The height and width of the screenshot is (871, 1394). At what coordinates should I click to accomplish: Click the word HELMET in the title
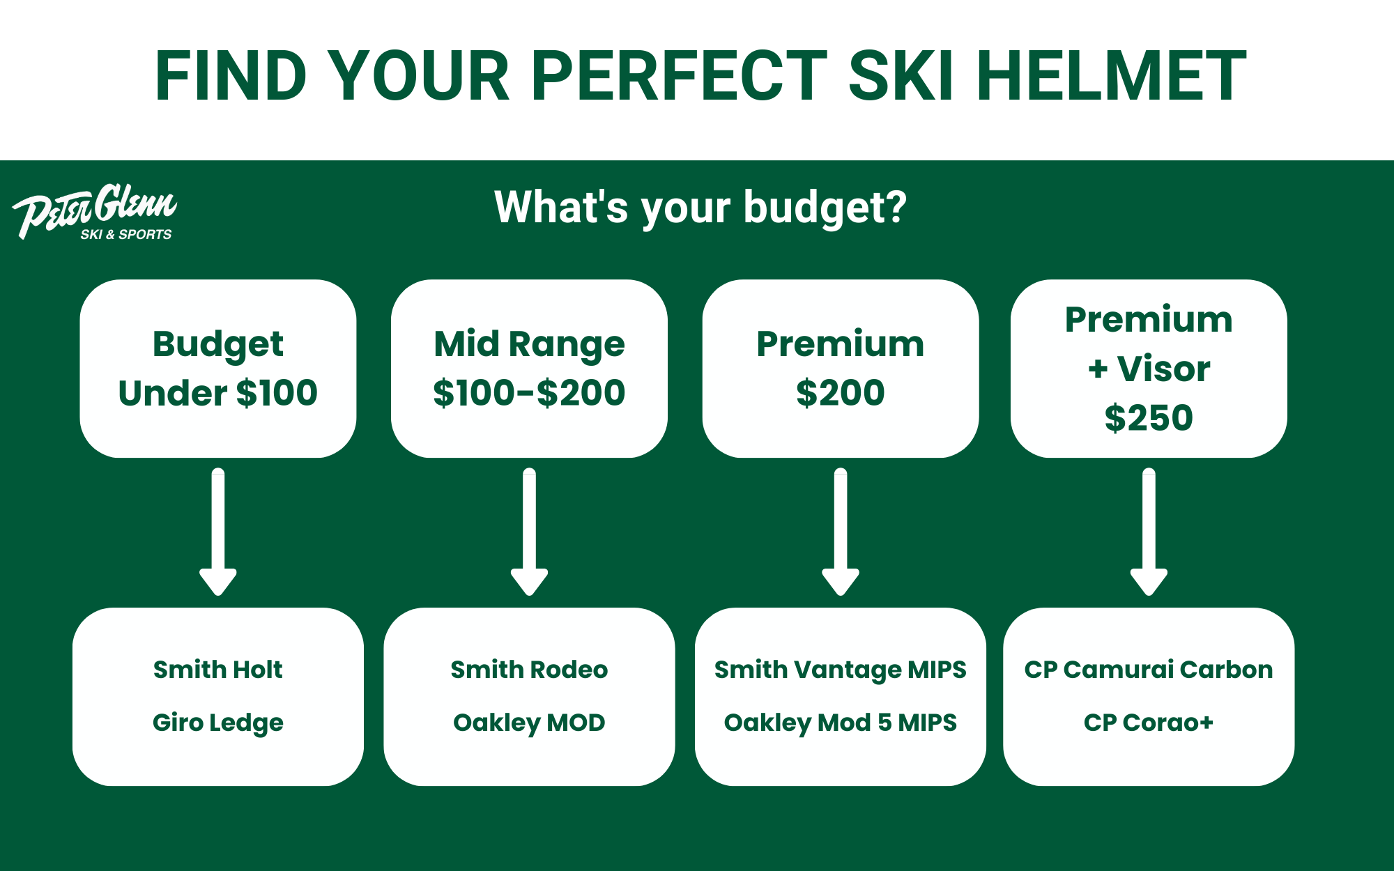(x=1111, y=76)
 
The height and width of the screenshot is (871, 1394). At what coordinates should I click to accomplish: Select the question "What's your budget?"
(x=700, y=207)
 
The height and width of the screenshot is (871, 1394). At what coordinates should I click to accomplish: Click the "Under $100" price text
(x=218, y=393)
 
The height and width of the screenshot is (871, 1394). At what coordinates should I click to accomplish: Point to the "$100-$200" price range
(x=529, y=393)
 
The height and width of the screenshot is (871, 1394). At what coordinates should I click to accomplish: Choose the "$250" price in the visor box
(x=1149, y=418)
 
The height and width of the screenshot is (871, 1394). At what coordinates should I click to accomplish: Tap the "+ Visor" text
(x=1149, y=369)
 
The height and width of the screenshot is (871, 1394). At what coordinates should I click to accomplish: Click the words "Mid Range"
(x=529, y=344)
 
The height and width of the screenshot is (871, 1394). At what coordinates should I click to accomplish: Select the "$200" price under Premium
(x=841, y=393)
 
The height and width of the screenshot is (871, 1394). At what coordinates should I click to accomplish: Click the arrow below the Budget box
(x=218, y=532)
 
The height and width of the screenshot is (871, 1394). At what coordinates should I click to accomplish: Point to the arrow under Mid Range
(x=529, y=532)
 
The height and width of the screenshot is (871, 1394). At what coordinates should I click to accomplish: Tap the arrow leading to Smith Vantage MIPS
(x=841, y=532)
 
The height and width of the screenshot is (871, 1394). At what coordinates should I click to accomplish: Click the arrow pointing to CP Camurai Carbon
(x=1149, y=532)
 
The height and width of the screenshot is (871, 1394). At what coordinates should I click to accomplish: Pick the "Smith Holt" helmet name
(x=218, y=670)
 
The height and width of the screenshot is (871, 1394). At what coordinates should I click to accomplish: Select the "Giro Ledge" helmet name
(x=218, y=723)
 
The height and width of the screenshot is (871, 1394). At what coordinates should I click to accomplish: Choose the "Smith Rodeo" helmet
(x=529, y=670)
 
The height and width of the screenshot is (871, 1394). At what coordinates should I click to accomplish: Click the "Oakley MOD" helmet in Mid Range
(x=529, y=723)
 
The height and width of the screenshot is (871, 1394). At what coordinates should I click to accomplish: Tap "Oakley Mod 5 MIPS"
(x=841, y=723)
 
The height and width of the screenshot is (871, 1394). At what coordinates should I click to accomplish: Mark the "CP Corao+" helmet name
(x=1149, y=723)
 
